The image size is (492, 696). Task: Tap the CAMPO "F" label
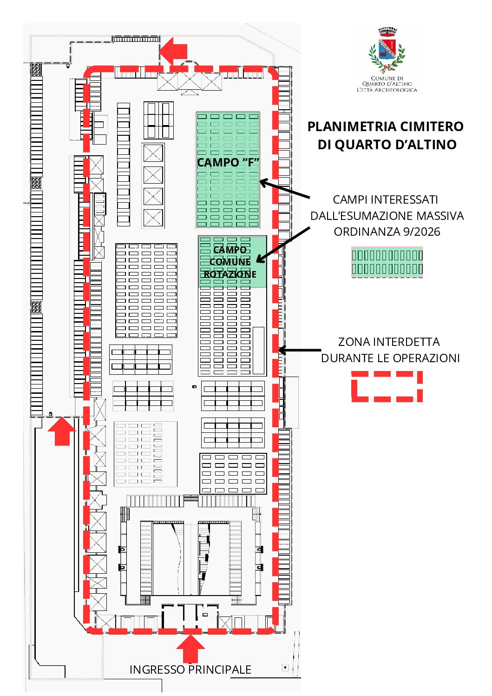click(x=228, y=162)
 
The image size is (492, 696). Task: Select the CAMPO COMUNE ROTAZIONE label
click(x=230, y=262)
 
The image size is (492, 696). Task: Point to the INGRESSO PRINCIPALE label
click(x=190, y=669)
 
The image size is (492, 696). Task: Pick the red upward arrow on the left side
click(x=62, y=431)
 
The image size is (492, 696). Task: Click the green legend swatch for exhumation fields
click(x=387, y=262)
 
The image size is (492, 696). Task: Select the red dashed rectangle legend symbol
click(x=387, y=386)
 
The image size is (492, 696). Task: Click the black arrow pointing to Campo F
click(x=284, y=189)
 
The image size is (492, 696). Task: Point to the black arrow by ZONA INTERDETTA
click(x=300, y=350)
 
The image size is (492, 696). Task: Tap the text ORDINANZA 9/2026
click(x=387, y=232)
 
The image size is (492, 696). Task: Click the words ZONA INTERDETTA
click(x=388, y=342)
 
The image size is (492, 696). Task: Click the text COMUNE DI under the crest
click(x=387, y=78)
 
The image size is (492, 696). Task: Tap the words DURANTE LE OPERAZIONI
click(x=390, y=358)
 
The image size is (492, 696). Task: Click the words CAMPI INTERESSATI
click(x=385, y=199)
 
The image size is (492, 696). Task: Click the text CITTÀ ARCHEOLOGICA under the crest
click(x=387, y=90)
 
